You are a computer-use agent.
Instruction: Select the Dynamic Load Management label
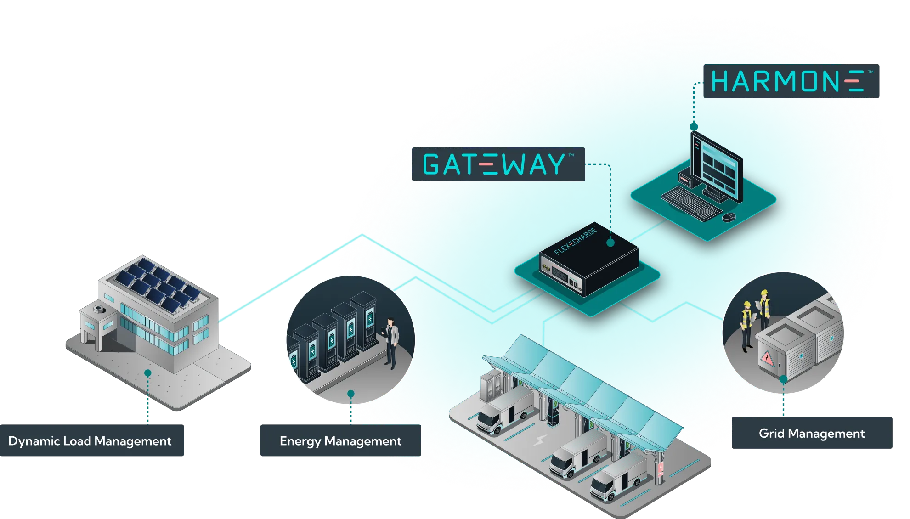tap(90, 441)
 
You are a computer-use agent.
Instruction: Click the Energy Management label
tap(340, 441)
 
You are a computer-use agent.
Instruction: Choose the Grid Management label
tap(812, 434)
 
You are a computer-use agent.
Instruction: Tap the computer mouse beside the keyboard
tap(729, 217)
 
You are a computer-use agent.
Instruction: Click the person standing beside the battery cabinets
tap(391, 342)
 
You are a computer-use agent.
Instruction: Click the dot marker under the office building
tap(147, 373)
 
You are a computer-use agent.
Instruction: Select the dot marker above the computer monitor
tap(694, 126)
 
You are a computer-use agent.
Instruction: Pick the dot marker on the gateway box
tap(610, 243)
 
